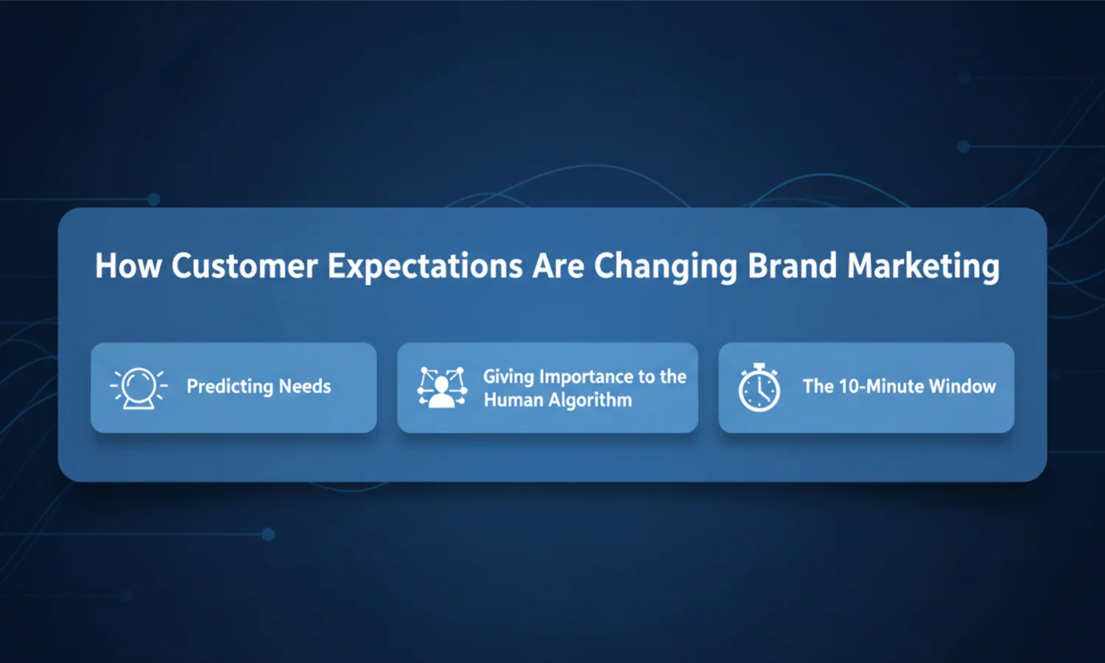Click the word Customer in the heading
point(245,266)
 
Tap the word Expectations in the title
point(424,267)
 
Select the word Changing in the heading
point(665,267)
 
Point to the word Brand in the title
point(792,266)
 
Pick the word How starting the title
point(127,266)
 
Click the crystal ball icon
point(138,387)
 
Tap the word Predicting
point(229,387)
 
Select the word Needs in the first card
point(305,386)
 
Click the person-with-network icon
point(442,387)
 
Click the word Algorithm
point(590,401)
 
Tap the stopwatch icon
point(760,388)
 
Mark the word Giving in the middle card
point(508,376)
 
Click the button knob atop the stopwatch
point(760,365)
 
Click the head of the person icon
point(442,383)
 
